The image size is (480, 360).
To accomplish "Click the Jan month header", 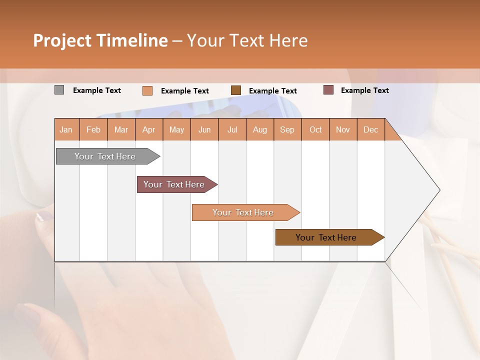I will pos(66,129).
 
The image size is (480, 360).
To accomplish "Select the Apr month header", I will pos(148,129).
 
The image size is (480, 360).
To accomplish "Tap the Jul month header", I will pos(232,129).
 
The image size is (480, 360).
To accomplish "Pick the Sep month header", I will pos(287,129).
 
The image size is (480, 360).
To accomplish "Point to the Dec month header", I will pos(370,129).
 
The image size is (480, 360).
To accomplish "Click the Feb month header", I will pos(93,129).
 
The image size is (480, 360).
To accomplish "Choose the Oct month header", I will pos(315,129).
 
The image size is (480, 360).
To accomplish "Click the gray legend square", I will pos(59,90).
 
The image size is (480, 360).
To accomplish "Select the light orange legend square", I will pos(147,90).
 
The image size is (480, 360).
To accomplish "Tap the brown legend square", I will pos(236,90).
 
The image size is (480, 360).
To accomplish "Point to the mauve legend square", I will pos(328,90).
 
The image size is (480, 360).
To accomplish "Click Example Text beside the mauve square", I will pos(364,90).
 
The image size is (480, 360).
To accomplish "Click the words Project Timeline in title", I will pos(100,40).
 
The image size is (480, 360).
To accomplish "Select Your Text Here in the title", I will pos(247,40).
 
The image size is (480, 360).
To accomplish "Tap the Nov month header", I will pos(343,129).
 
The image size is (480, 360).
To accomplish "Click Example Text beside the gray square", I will pos(97,90).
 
